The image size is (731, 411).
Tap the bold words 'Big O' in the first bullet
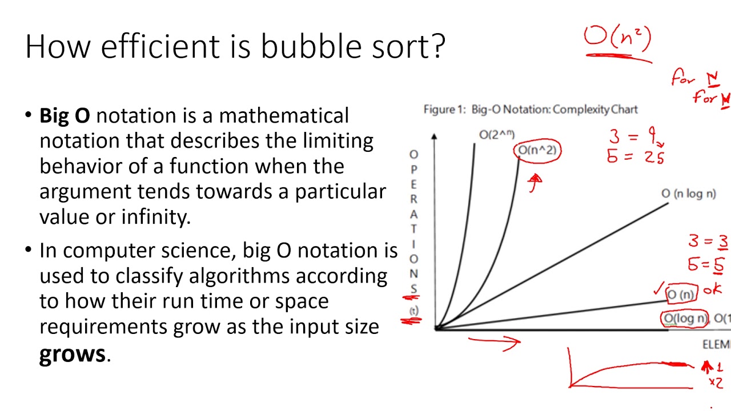click(x=65, y=115)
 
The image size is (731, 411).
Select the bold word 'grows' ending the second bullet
click(x=72, y=353)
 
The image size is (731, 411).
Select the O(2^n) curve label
click(x=496, y=135)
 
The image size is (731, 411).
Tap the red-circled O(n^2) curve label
click(x=537, y=151)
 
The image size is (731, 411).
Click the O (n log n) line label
click(x=688, y=194)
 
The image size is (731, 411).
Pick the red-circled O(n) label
click(x=681, y=295)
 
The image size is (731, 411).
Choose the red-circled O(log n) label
click(x=685, y=319)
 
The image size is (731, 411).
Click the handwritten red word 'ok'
click(x=712, y=290)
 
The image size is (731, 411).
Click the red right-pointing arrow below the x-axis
click(x=495, y=341)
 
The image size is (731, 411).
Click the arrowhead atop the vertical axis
click(x=435, y=137)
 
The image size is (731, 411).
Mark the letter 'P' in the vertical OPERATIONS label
click(x=413, y=170)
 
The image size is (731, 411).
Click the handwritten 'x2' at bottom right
click(x=716, y=382)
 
